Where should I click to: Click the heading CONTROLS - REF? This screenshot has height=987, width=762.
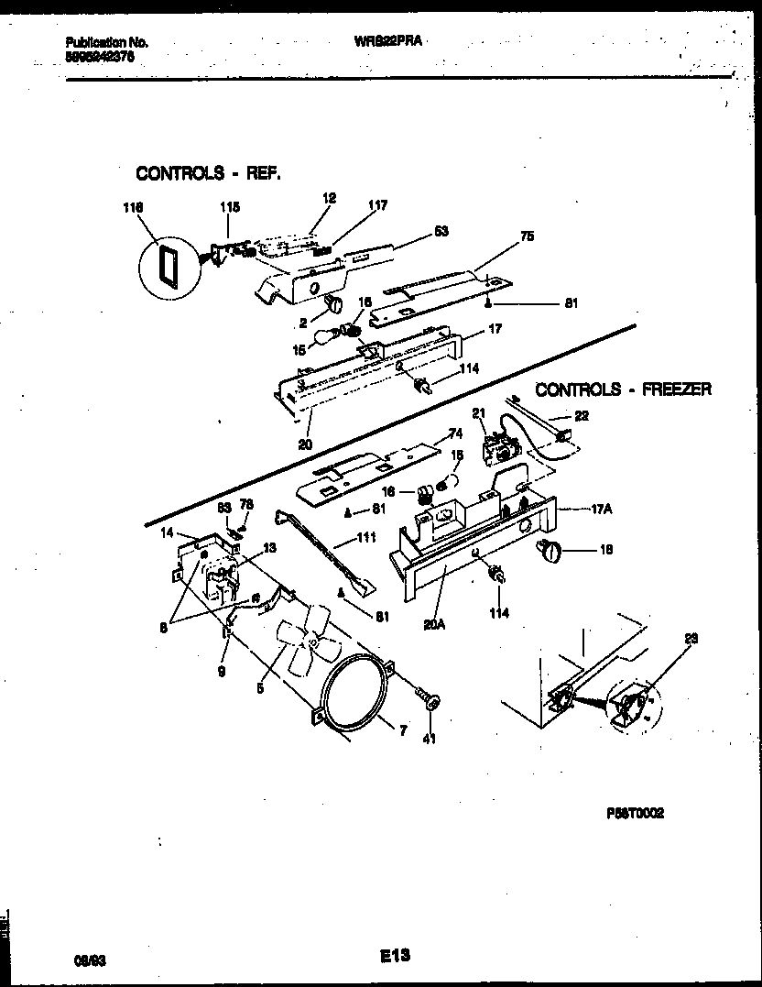point(208,172)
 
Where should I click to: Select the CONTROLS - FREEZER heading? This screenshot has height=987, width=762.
point(623,389)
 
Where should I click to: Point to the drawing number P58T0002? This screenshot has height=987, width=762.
point(635,812)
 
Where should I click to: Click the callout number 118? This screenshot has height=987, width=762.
point(133,209)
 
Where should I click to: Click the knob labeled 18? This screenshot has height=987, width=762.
point(550,550)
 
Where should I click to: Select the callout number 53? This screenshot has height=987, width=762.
point(441,231)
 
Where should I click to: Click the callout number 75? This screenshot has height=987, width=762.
point(527,237)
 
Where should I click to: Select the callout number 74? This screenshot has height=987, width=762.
point(454,434)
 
